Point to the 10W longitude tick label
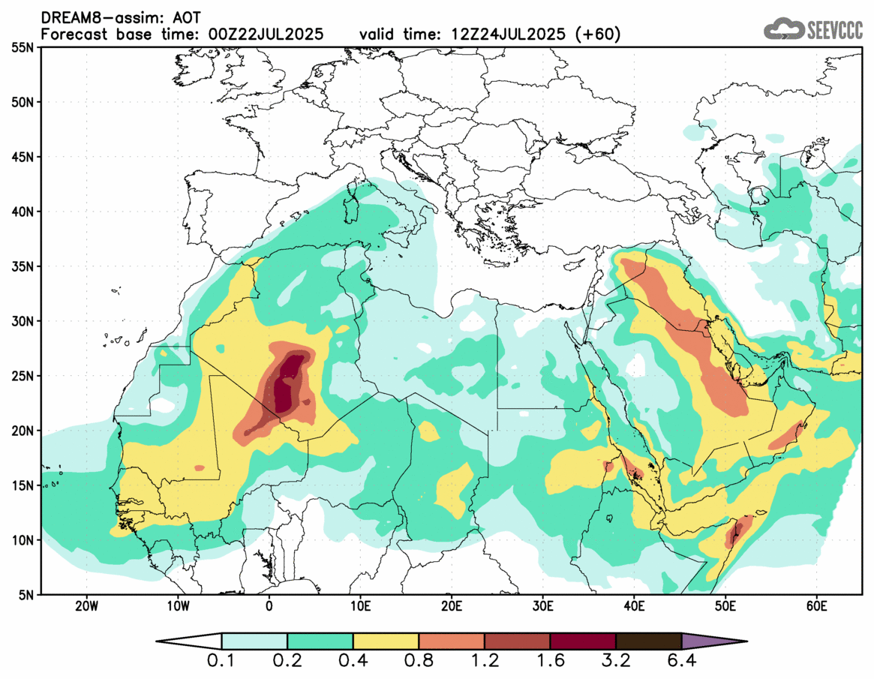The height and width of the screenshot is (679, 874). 177,605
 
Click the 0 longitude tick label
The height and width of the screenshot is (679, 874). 269,605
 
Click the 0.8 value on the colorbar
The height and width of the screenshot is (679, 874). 419,662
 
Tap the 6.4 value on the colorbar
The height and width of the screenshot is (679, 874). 681,662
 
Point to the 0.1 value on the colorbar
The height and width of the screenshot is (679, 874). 222,662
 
